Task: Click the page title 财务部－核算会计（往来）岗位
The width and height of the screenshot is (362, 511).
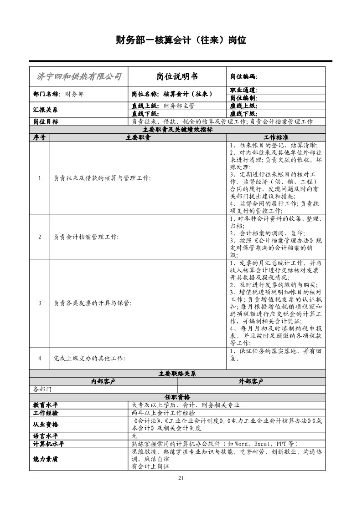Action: click(x=181, y=40)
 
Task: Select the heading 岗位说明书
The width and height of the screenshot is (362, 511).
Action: click(x=177, y=76)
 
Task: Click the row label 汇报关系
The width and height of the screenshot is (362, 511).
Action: click(x=46, y=110)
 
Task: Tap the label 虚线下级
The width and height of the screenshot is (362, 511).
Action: click(x=243, y=114)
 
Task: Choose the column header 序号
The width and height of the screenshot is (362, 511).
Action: click(x=39, y=137)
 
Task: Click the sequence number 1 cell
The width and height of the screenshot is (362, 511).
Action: click(x=40, y=178)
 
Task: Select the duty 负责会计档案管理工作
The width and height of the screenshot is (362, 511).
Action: click(x=86, y=237)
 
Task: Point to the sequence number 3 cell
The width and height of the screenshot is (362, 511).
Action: click(x=40, y=303)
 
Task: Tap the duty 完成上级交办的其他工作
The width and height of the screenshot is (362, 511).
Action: click(x=89, y=358)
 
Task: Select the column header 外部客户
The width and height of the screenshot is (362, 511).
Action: click(x=251, y=381)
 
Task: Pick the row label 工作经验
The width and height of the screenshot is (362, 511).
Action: click(x=46, y=413)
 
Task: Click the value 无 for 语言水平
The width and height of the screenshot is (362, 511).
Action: click(x=134, y=436)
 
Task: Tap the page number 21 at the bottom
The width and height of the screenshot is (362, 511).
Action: click(x=181, y=478)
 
